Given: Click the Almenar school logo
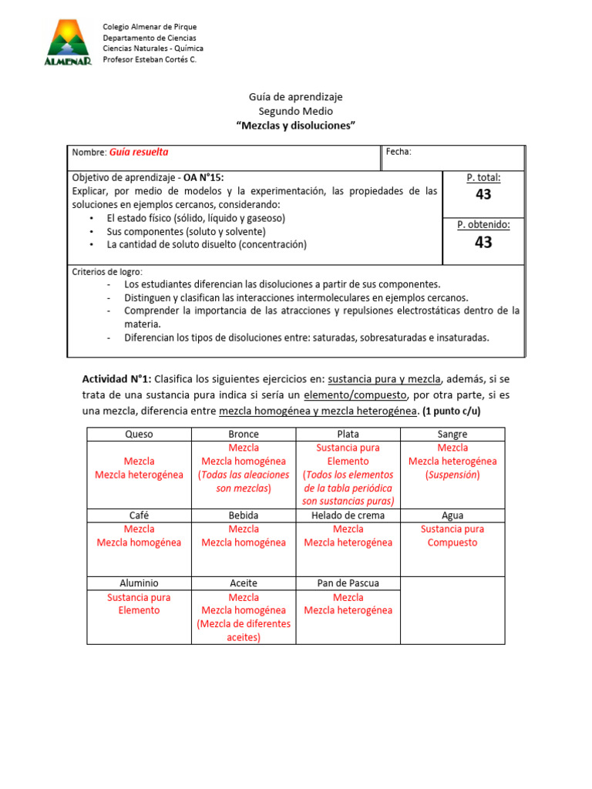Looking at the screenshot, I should tap(68, 43).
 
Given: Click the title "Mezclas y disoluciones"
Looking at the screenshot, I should tap(296, 126).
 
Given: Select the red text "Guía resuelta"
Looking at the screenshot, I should tap(139, 153).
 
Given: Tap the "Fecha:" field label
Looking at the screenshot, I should tap(399, 152).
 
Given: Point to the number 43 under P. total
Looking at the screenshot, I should tap(483, 194).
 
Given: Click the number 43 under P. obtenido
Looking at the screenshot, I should tap(483, 242).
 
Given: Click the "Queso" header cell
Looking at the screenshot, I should tap(139, 435).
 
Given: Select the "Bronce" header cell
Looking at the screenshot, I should tap(244, 435).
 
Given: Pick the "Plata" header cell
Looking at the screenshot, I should tap(348, 435).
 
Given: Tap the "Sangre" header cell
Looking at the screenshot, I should tap(452, 435).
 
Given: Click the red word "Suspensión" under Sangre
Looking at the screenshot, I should tap(452, 475).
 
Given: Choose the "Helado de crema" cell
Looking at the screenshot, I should tap(348, 515).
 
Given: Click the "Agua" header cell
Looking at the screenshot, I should tap(452, 515).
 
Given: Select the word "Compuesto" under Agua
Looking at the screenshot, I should tap(452, 542).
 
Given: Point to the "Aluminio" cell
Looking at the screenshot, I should tap(139, 583).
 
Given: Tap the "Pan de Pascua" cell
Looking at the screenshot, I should tap(348, 583).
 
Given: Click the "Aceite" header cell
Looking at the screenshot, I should tap(244, 583).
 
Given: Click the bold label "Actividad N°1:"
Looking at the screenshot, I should tap(116, 379).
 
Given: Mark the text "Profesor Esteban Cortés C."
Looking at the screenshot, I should tap(150, 59).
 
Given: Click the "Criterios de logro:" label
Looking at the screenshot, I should tap(107, 272).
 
